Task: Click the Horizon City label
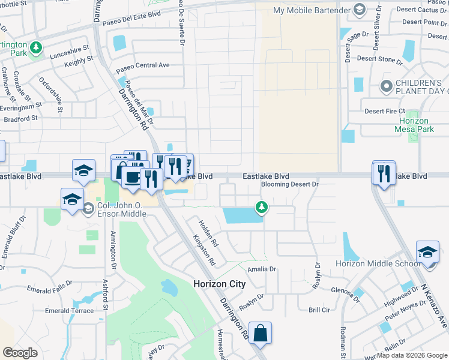click(219, 284)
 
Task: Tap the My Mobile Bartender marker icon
click(359, 9)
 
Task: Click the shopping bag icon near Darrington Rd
click(261, 333)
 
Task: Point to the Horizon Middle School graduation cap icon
click(427, 252)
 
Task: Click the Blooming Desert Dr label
click(289, 185)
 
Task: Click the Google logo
click(20, 352)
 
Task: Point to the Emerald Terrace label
click(70, 311)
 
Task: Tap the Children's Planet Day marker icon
click(386, 87)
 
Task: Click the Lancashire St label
click(68, 47)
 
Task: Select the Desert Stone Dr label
click(379, 59)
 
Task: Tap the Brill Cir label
click(319, 310)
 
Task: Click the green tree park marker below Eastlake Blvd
click(261, 208)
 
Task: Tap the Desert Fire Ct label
click(385, 111)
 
